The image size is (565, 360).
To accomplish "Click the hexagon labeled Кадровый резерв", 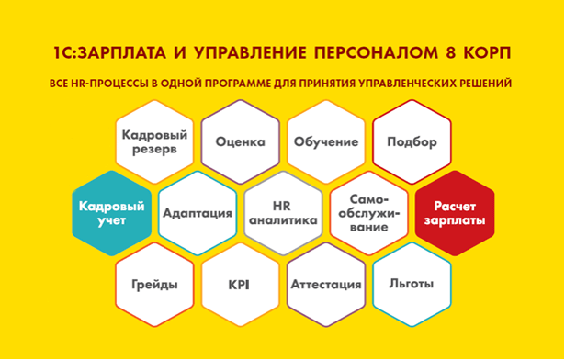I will click(153, 142).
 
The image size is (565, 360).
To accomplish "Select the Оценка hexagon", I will click(240, 142).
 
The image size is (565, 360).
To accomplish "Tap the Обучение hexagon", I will click(325, 142).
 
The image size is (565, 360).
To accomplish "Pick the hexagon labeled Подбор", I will click(412, 142).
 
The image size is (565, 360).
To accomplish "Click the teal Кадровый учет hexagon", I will click(110, 213).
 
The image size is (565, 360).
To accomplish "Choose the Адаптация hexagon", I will click(197, 213).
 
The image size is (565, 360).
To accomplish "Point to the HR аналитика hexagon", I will click(282, 213).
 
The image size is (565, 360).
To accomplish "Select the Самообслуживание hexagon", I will click(368, 213).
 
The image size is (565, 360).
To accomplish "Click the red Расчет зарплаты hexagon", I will click(454, 213).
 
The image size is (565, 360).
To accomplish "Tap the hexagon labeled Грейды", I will click(153, 284).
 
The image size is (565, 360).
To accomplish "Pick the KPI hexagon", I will click(240, 284).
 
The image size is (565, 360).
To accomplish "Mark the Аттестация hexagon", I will click(325, 284).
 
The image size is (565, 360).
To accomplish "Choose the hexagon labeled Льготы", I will click(412, 284).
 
